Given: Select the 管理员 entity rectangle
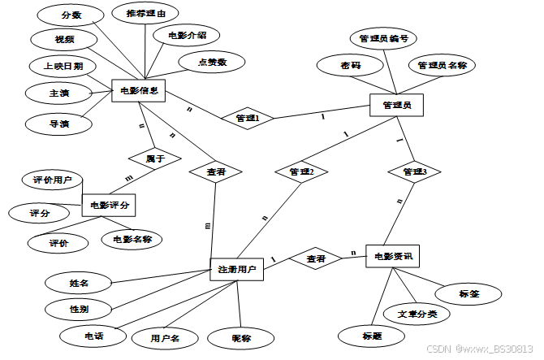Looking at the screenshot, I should point(396,106).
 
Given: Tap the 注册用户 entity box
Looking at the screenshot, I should point(237,269).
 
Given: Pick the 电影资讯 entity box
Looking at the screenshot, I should point(393,257).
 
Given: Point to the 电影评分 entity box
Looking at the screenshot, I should point(110,206).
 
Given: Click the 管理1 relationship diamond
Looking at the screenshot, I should point(247,119).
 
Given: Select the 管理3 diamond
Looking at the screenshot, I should point(414,171).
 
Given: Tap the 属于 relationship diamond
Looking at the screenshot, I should point(155,159).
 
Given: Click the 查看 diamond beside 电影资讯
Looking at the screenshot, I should point(316,258).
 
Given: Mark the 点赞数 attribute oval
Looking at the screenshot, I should point(212,62).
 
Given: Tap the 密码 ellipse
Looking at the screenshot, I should point(351,65).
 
